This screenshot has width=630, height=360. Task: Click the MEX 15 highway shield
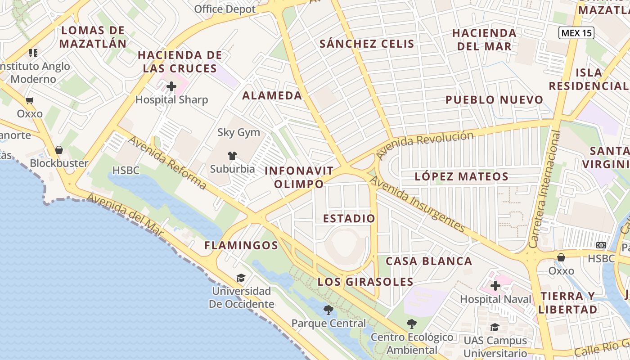pyautogui.click(x=576, y=32)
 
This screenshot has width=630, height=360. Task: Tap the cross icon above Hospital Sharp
pyautogui.click(x=171, y=86)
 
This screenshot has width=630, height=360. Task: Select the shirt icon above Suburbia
pyautogui.click(x=232, y=156)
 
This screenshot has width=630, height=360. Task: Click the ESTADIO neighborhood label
pyautogui.click(x=349, y=219)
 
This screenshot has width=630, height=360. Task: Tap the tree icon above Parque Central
pyautogui.click(x=328, y=310)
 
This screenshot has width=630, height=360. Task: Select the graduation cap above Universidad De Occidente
pyautogui.click(x=241, y=278)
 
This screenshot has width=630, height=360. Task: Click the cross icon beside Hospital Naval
pyautogui.click(x=495, y=285)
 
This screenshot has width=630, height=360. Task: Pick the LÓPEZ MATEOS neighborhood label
pyautogui.click(x=462, y=176)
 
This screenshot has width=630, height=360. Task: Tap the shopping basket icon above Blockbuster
pyautogui.click(x=59, y=149)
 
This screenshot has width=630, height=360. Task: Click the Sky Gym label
pyautogui.click(x=238, y=132)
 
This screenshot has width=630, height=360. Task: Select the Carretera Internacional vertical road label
pyautogui.click(x=545, y=189)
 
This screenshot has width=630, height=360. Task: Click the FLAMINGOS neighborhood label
pyautogui.click(x=241, y=245)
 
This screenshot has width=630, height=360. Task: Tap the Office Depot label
pyautogui.click(x=225, y=9)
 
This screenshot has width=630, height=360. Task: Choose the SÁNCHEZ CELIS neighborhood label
pyautogui.click(x=367, y=44)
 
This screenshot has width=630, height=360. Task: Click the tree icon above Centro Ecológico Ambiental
pyautogui.click(x=411, y=324)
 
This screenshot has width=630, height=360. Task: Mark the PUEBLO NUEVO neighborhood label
pyautogui.click(x=494, y=100)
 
